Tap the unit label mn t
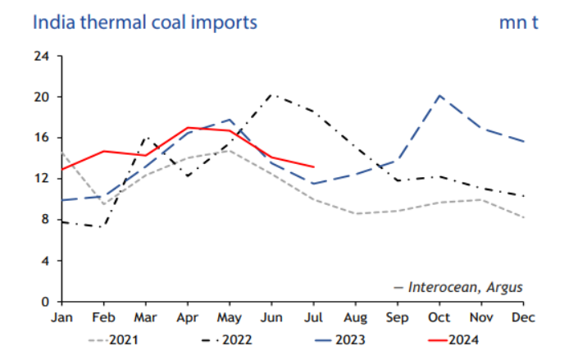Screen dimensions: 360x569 518,22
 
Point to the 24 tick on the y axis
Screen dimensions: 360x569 42,57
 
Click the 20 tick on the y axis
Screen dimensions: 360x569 42,97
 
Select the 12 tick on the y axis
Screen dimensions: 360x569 42,179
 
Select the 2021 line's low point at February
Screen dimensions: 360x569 103,204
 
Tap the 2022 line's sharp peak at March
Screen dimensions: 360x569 146,138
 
